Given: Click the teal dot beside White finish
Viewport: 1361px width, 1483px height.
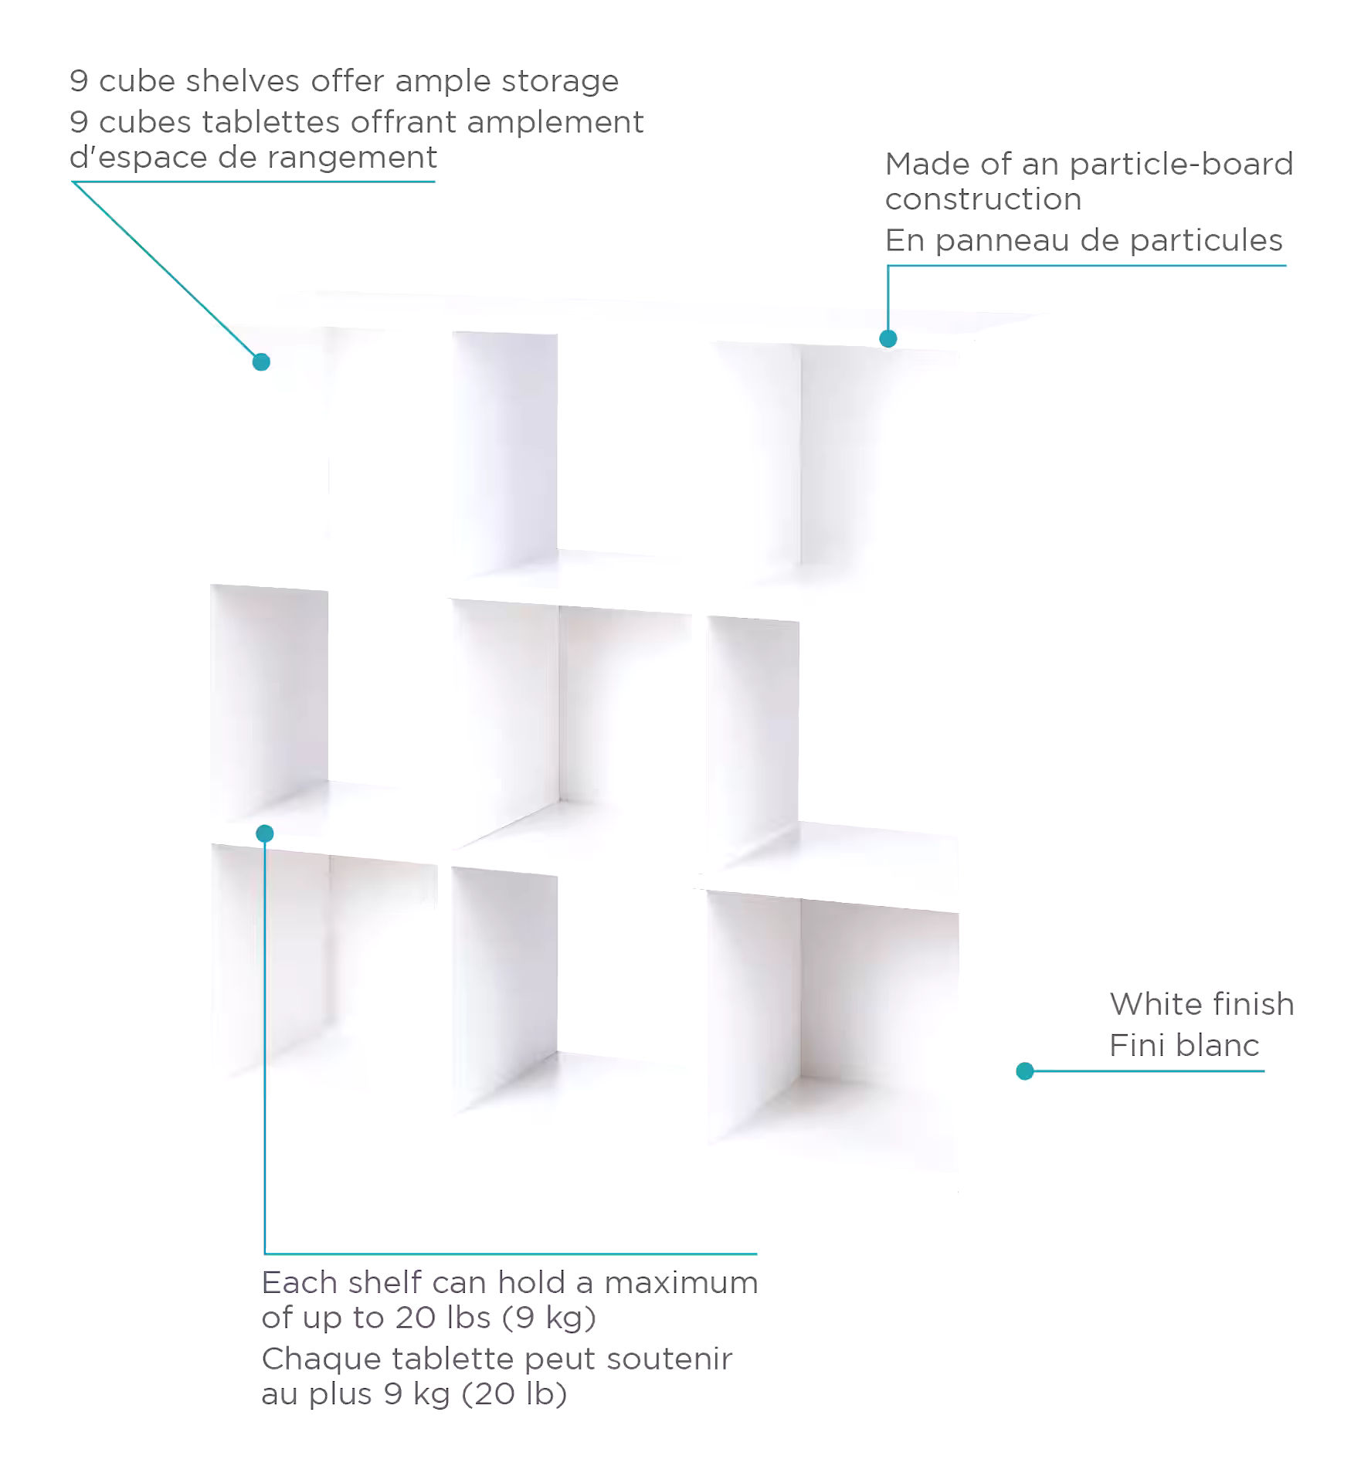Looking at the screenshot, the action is click(1025, 1071).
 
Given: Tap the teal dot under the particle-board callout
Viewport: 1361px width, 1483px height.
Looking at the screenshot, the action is click(888, 338).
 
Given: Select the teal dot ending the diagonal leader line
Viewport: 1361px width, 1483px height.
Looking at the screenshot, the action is click(261, 361).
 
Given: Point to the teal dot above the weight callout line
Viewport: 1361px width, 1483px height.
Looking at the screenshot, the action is click(265, 833).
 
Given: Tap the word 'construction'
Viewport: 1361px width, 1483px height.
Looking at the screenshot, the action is click(983, 200).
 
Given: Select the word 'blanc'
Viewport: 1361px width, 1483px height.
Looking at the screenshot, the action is click(1222, 1046).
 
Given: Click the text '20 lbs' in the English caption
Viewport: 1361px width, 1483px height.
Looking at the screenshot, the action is click(443, 1317).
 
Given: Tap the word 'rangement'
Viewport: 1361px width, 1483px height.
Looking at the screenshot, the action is click(353, 158).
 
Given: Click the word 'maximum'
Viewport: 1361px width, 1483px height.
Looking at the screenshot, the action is click(681, 1283).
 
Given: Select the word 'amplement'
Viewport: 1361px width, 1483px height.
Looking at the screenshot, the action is click(555, 123).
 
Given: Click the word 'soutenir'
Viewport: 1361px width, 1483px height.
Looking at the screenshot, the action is click(670, 1359).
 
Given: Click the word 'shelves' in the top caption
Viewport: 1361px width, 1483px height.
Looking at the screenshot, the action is click(243, 81).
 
